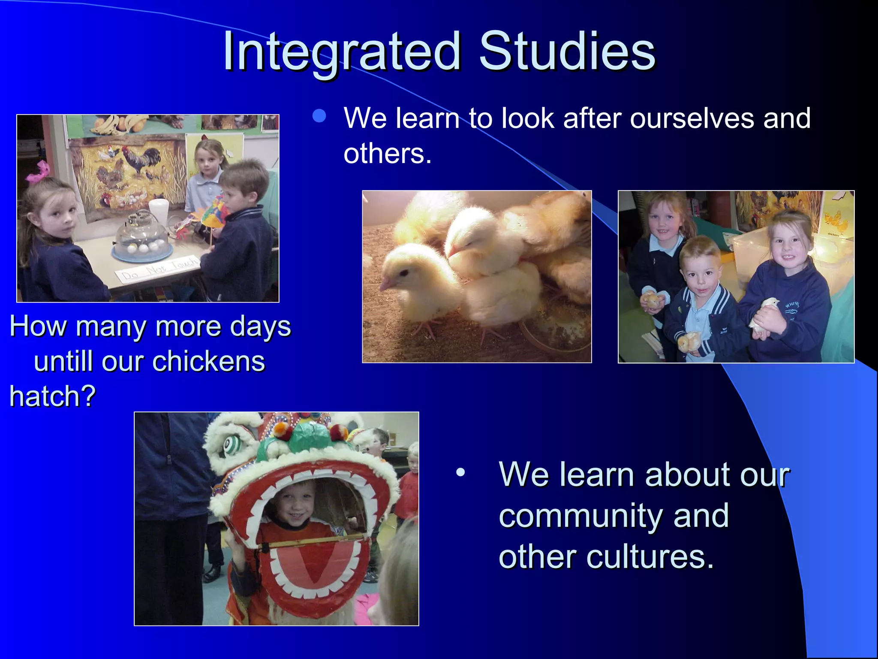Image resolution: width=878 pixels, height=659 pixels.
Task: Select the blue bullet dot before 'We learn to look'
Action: [319, 116]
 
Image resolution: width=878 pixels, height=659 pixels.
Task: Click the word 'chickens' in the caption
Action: [209, 361]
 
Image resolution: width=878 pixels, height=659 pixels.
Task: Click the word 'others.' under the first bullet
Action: [387, 154]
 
